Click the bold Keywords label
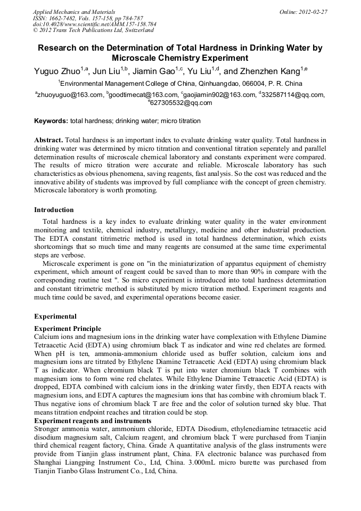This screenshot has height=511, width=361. [51, 121]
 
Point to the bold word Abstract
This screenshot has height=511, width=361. [49, 140]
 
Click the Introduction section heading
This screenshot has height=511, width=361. [54, 210]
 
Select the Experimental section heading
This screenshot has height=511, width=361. [55, 317]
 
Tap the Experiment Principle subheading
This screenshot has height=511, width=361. [68, 329]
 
